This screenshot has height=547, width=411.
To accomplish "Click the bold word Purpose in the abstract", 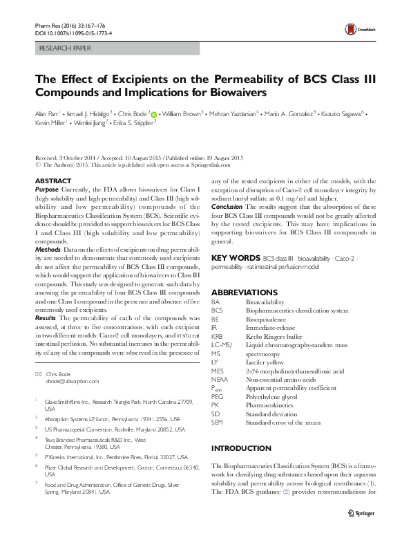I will click(46, 189).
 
